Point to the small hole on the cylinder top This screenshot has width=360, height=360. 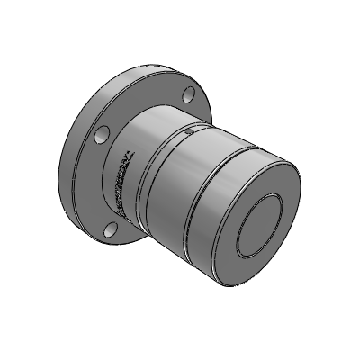pos(188,132)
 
